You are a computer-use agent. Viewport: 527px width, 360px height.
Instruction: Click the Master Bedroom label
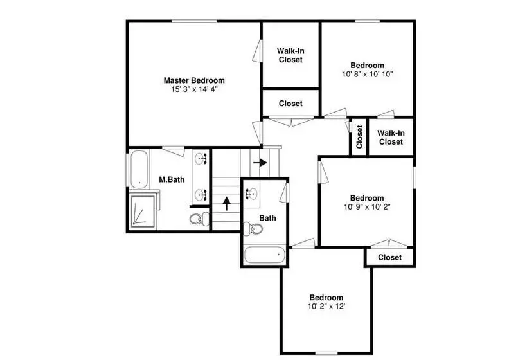194,80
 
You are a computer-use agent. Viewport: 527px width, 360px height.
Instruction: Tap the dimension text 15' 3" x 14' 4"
195,89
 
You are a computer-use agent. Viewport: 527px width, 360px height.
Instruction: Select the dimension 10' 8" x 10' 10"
368,74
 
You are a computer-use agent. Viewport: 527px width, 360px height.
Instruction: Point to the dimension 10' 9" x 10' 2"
367,207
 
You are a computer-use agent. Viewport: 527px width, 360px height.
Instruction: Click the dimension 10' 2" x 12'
326,306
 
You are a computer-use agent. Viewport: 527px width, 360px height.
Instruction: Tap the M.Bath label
172,179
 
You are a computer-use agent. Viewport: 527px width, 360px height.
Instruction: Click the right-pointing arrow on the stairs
260,163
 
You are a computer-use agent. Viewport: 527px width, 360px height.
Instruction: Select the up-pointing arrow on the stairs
227,203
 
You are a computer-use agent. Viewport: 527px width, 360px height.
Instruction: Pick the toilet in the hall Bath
253,229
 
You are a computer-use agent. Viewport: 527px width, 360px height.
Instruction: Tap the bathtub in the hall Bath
265,255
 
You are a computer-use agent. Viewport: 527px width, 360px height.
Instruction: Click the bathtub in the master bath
139,169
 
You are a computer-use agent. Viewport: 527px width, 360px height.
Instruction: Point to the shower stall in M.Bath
143,210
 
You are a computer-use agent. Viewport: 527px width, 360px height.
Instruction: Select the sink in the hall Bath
251,194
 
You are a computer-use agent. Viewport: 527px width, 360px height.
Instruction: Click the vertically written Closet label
359,137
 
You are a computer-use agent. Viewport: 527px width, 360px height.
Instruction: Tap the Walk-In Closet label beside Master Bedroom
290,55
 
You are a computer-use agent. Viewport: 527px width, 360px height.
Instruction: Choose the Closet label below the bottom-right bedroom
389,258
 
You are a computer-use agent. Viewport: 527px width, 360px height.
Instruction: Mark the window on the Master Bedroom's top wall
194,21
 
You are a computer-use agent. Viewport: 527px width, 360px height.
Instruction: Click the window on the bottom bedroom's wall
326,353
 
